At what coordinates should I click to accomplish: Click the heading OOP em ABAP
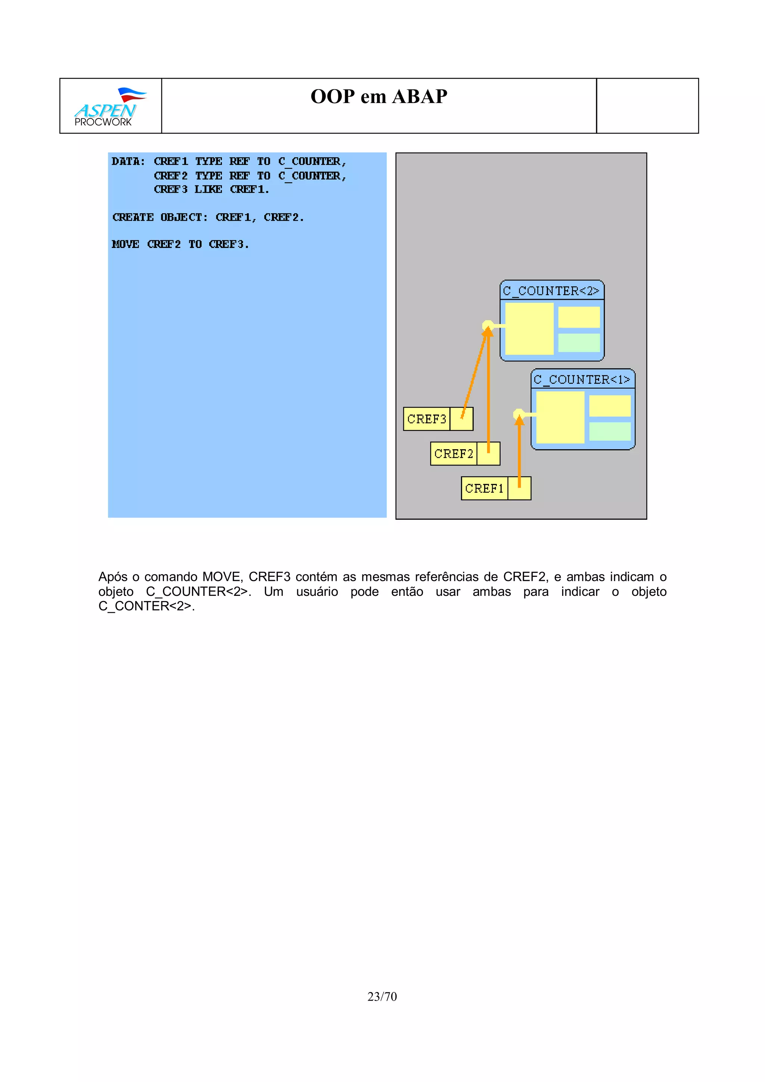pyautogui.click(x=378, y=97)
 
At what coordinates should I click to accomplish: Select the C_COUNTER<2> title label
pyautogui.click(x=551, y=291)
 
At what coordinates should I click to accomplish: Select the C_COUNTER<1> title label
pyautogui.click(x=582, y=379)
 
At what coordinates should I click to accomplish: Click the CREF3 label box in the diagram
pyautogui.click(x=427, y=419)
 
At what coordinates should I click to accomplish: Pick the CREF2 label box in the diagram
pyautogui.click(x=453, y=454)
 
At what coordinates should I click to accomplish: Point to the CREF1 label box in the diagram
pyautogui.click(x=484, y=489)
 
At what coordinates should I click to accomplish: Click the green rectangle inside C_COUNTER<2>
pyautogui.click(x=579, y=343)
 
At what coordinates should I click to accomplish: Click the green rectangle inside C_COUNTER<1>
pyautogui.click(x=610, y=431)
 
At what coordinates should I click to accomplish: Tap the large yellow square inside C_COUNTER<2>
pyautogui.click(x=529, y=329)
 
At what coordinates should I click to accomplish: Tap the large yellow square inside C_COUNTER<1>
pyautogui.click(x=560, y=417)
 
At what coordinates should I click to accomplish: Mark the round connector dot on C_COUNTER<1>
pyautogui.click(x=518, y=414)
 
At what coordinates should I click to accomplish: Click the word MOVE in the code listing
pyautogui.click(x=126, y=244)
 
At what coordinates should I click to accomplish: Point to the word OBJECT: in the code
pyautogui.click(x=184, y=217)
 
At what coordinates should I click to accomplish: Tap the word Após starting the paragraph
pyautogui.click(x=113, y=577)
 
